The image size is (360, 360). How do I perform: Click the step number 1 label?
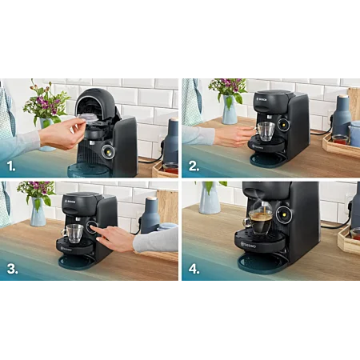(x=11, y=166)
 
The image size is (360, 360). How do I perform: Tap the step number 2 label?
(x=194, y=166)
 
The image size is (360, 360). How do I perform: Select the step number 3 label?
(x=12, y=269)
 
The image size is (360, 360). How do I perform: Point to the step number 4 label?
(x=194, y=269)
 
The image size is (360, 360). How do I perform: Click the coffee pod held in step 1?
(x=88, y=118)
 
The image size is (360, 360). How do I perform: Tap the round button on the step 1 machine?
(x=107, y=151)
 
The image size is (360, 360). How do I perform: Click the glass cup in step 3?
(x=74, y=233)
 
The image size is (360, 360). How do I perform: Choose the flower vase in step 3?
(x=38, y=212)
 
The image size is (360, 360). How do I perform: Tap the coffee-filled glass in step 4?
(x=261, y=220)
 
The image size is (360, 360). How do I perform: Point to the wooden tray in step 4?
(x=349, y=240)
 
